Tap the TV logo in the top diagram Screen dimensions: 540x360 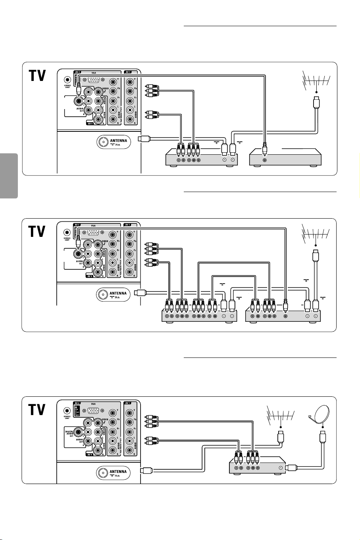tap(37, 77)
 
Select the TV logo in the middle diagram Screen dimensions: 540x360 tap(37, 232)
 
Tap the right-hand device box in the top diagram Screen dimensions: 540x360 tap(285, 157)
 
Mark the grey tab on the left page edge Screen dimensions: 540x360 tap(9, 176)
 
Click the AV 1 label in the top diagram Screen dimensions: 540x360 tap(128, 72)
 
